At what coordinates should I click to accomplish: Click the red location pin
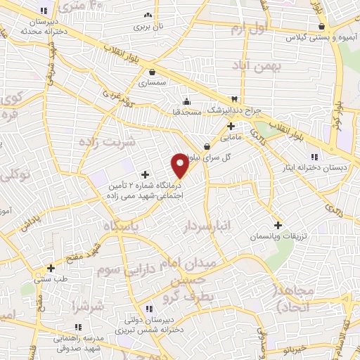(180, 165)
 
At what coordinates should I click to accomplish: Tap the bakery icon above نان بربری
(147, 15)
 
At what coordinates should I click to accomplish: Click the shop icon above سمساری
(153, 71)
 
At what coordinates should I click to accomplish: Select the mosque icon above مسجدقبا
(186, 100)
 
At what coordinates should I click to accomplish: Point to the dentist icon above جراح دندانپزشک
(235, 99)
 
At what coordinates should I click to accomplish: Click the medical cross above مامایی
(231, 126)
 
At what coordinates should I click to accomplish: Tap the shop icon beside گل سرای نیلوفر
(207, 146)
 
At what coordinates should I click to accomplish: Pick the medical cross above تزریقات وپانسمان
(278, 225)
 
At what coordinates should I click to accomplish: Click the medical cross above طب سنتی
(51, 268)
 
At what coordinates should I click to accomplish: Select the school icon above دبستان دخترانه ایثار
(314, 156)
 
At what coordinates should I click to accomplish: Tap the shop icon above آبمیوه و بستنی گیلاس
(321, 27)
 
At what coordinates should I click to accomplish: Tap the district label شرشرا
(88, 306)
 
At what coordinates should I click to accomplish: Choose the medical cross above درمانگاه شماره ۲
(146, 174)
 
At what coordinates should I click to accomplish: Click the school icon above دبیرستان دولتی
(148, 309)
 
